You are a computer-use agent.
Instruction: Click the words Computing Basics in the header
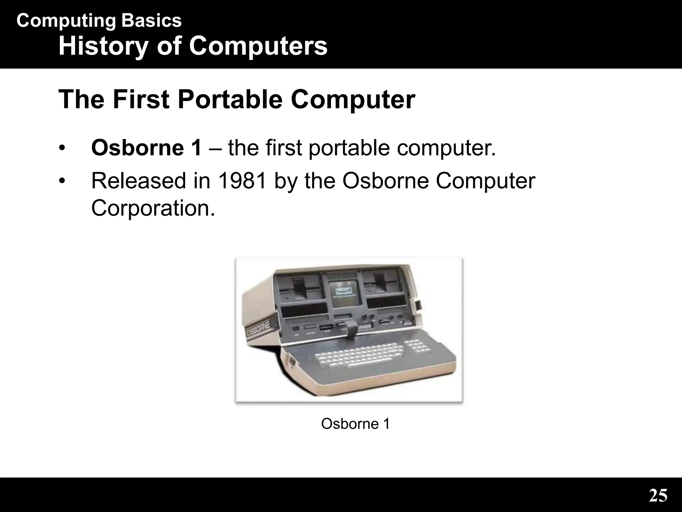99,21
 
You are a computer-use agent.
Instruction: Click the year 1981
243,181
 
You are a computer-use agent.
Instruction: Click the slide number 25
658,496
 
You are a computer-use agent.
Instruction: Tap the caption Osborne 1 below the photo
355,424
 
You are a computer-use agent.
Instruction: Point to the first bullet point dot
61,148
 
